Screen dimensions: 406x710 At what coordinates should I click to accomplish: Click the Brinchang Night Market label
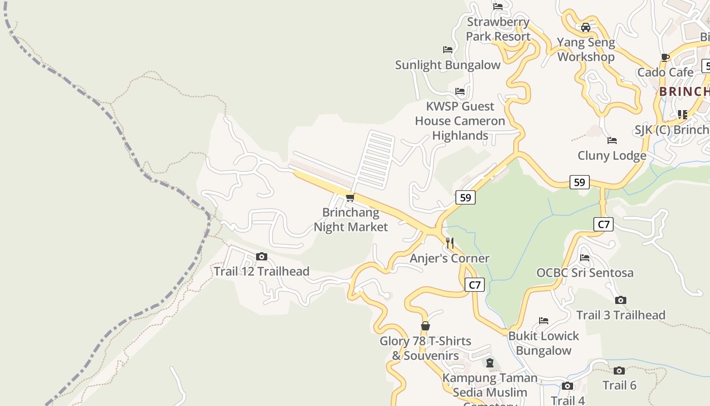point(350,220)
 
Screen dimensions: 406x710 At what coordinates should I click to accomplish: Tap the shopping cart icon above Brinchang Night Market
point(350,197)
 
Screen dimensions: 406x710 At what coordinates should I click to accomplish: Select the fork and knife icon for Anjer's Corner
point(449,243)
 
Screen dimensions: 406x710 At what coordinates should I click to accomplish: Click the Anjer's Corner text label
point(449,258)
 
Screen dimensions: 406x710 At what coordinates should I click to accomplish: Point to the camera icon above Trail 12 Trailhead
point(261,257)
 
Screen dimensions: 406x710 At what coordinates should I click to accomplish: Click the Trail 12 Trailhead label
point(261,272)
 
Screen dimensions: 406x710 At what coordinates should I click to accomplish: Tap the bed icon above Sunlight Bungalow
point(447,50)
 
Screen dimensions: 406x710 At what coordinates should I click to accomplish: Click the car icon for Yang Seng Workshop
point(586,27)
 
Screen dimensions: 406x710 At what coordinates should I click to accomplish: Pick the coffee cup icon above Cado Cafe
point(665,57)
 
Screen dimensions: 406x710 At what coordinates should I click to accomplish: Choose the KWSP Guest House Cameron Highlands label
point(460,121)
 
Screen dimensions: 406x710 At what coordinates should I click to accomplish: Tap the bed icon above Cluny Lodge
point(612,141)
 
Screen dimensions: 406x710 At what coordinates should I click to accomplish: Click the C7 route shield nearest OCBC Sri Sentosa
point(603,224)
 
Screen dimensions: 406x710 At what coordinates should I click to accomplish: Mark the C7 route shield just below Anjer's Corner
point(474,285)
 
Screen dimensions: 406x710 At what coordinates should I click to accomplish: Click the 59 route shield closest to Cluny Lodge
point(579,182)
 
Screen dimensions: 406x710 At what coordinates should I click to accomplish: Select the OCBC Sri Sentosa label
point(585,273)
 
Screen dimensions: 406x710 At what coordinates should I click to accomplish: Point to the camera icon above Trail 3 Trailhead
point(620,300)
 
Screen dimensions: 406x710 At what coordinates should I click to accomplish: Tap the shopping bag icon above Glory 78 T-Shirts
point(425,326)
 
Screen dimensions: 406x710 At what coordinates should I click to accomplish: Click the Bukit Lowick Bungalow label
point(543,343)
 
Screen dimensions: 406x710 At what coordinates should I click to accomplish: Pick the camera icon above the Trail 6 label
point(619,370)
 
